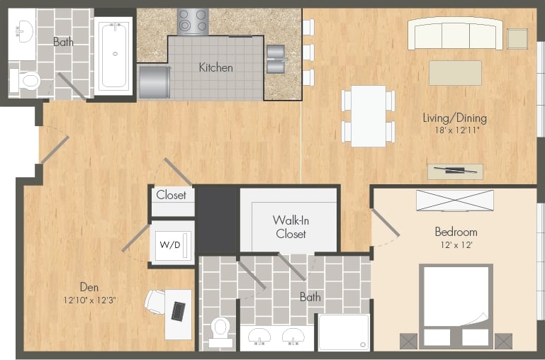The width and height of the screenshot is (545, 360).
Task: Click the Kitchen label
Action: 215,68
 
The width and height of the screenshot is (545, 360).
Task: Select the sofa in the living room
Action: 455,33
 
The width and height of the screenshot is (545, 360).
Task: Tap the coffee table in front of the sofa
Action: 455,72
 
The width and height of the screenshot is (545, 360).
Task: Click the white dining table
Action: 368,116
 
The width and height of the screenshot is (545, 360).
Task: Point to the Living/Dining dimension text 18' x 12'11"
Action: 454,130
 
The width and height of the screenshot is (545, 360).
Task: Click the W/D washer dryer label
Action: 169,244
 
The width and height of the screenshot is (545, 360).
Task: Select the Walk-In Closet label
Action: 291,226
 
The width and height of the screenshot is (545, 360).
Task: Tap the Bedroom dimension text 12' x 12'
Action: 455,244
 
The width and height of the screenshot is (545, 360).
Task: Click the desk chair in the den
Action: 155,302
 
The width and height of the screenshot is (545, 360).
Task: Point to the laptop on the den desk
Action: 179,310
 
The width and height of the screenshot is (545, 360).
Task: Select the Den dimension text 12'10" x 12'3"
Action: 89,300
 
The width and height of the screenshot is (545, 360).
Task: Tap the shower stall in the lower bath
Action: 343,332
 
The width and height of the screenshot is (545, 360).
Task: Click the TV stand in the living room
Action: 455,171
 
